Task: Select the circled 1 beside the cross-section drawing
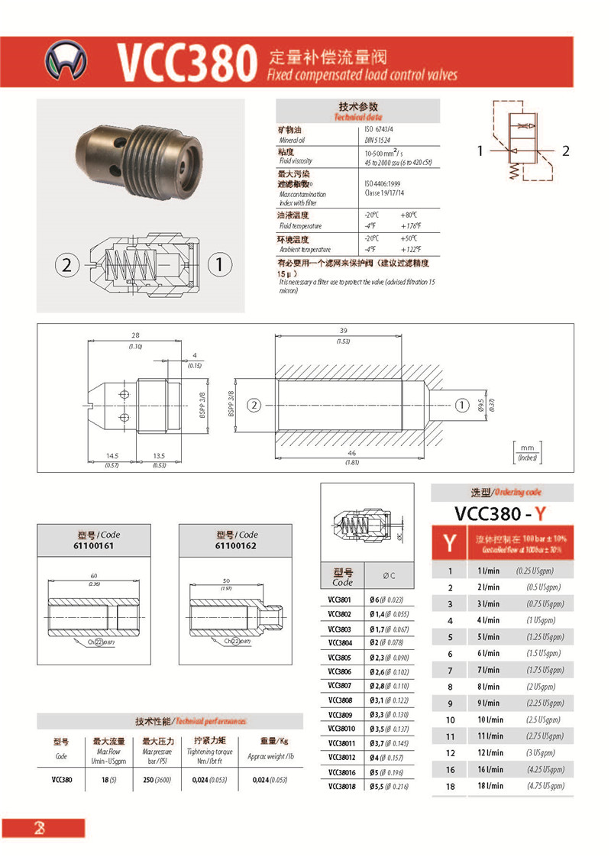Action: coord(219,265)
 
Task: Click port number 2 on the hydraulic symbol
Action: coord(566,150)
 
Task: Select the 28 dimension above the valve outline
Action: coord(135,336)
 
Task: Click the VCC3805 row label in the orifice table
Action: coord(341,657)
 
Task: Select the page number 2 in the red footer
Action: coord(38,829)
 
